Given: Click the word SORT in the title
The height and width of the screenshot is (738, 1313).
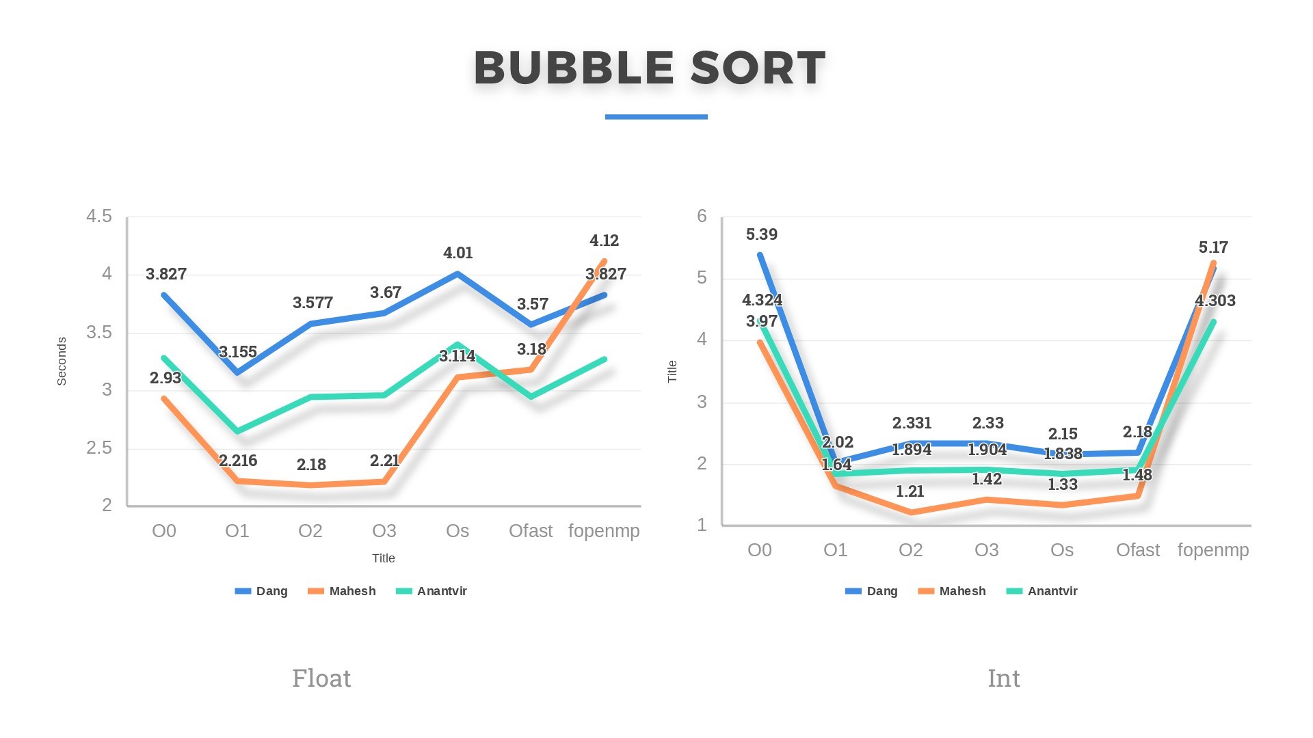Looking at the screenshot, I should [758, 68].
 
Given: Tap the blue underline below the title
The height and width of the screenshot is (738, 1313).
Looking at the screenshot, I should [656, 117].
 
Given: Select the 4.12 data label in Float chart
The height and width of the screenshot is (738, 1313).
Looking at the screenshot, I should [604, 241].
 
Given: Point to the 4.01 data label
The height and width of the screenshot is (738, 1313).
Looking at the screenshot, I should [457, 253].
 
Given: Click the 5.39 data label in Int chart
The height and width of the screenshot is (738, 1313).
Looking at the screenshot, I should [761, 234].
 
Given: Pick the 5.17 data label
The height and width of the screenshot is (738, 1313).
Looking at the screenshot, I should [1213, 247].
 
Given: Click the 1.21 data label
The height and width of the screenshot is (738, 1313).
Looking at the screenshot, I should [910, 491].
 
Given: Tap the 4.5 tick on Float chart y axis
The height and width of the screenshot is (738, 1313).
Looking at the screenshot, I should [98, 217].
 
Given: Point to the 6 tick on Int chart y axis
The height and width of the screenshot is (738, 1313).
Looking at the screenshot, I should [702, 217].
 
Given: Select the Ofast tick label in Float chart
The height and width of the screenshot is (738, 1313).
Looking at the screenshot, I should [530, 531].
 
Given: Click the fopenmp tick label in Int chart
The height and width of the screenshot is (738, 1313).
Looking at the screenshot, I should [1213, 550].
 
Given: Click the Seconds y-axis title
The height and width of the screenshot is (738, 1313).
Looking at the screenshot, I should [62, 361].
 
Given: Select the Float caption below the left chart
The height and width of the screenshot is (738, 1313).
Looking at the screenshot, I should [321, 678].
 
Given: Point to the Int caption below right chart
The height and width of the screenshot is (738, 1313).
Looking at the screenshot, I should [1003, 678].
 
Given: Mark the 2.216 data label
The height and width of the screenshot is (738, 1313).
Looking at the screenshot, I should [238, 461].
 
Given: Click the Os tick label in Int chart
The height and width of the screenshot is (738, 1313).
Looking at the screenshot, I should [1061, 550].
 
